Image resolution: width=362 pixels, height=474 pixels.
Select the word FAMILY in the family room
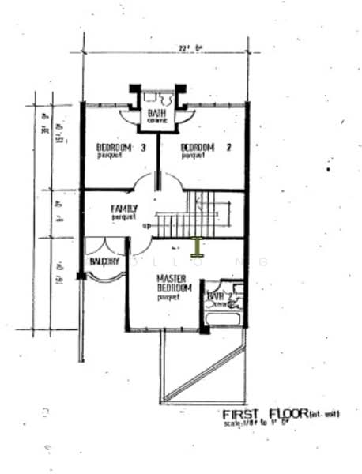point(124,209)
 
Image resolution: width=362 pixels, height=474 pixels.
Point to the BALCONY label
point(104,261)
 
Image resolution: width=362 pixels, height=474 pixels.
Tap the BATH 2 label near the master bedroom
point(217,297)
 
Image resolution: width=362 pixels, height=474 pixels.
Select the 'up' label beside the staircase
point(146,227)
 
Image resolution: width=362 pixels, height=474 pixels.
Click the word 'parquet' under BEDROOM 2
point(194,156)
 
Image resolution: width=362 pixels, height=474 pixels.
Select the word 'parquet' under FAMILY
point(123,217)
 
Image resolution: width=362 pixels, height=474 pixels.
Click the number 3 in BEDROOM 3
point(144,147)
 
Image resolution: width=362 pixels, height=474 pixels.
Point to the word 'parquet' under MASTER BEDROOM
point(169,298)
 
